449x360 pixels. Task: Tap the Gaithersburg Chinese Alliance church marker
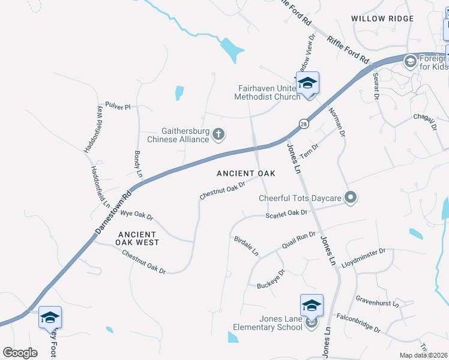pos(219,134)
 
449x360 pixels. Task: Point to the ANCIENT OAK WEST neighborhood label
pos(139,238)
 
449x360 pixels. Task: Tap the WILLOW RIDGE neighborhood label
pos(382,19)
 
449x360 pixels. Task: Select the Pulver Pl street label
pos(118,106)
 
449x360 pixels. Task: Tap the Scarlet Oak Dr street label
pos(287,213)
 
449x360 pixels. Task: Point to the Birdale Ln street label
pos(246,244)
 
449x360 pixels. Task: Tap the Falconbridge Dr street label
pos(358,323)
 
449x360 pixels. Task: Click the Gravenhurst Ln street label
pos(377,300)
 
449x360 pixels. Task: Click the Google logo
pos(20,352)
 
